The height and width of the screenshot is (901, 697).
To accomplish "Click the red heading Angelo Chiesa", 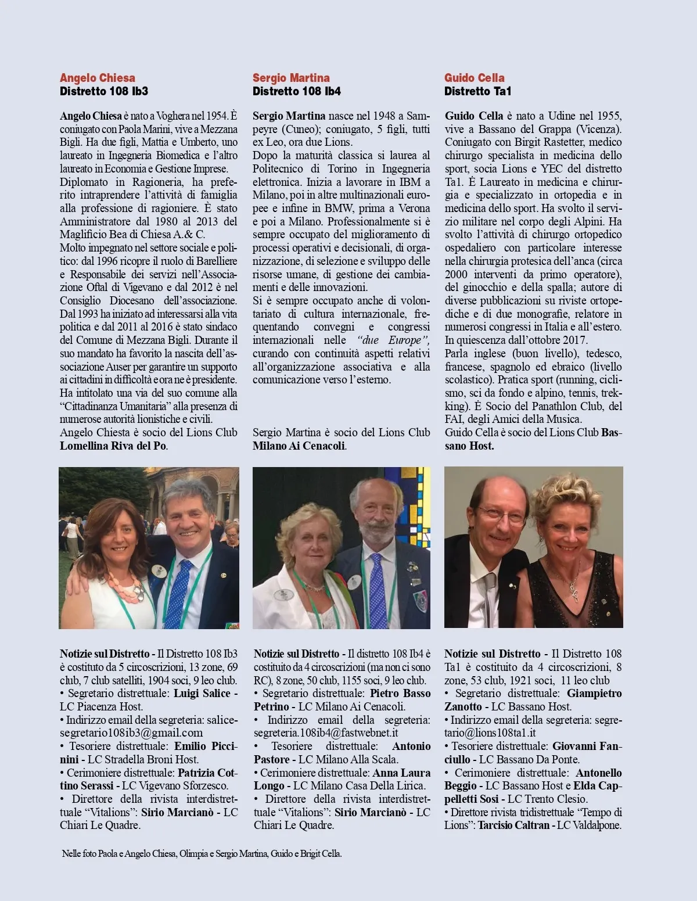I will (98, 78).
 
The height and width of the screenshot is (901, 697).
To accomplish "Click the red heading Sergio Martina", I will (291, 78).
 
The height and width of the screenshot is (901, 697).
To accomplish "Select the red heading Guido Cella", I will (475, 78).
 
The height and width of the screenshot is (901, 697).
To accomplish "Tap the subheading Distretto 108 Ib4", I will (297, 91).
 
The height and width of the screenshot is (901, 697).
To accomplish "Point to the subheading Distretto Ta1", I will (478, 91).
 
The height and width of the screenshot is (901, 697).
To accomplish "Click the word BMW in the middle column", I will (339, 208).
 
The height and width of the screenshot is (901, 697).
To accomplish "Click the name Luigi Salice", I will (202, 693).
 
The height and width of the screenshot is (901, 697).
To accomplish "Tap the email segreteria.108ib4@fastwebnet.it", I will (326, 733).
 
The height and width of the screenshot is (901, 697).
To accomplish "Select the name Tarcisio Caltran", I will (513, 825).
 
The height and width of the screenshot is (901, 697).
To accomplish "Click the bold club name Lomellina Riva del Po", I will (113, 446).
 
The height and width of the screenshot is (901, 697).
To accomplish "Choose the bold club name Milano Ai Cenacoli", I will (299, 446).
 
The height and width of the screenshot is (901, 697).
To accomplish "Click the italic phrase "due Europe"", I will (393, 340).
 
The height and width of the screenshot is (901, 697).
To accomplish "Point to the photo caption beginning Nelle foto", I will (202, 853).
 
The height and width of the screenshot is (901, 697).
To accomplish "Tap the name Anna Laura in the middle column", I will (401, 773).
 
